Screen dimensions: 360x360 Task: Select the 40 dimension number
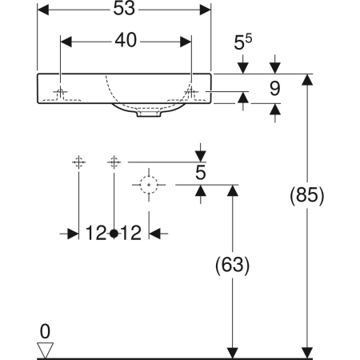(x=126, y=39)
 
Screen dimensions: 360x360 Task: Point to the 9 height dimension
(x=274, y=89)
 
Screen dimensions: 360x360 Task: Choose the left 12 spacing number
(x=97, y=233)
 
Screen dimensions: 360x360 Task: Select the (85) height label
(x=306, y=196)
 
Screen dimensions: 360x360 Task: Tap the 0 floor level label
(x=46, y=330)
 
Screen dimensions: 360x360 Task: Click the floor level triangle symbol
(x=46, y=349)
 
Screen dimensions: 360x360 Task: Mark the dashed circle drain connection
(x=147, y=184)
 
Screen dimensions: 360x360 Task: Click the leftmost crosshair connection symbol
(x=78, y=162)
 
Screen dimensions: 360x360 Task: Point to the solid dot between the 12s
(x=114, y=233)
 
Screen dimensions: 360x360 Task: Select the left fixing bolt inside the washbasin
(x=61, y=93)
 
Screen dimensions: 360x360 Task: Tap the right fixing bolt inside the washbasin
(x=190, y=93)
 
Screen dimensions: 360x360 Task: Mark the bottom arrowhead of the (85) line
(x=307, y=352)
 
